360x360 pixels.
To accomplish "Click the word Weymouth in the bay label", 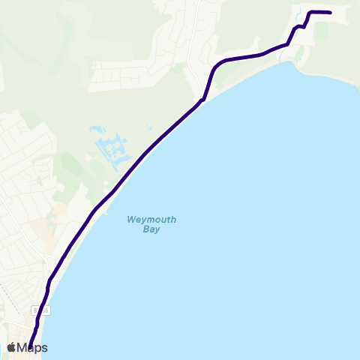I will click(x=151, y=220).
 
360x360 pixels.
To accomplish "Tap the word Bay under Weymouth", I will click(x=151, y=229).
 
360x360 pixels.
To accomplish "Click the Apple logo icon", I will click(x=11, y=347).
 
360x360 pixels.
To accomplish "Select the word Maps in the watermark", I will click(x=32, y=348).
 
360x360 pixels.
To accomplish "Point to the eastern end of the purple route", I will click(x=330, y=12).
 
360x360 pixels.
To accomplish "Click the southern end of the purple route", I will click(x=31, y=346).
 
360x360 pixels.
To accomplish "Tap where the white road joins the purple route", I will click(x=203, y=98).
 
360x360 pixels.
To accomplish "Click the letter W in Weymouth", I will click(x=130, y=220).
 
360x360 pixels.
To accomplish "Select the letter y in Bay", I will click(x=157, y=230).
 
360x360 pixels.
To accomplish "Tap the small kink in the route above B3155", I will click(x=49, y=283).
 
